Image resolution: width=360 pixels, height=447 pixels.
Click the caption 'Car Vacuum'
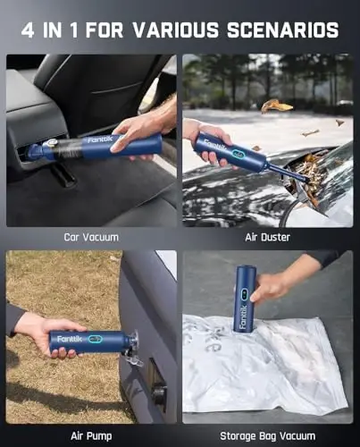(x=91, y=238)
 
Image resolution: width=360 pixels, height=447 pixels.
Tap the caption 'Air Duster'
(x=268, y=238)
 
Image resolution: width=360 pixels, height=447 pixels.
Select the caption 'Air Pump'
(x=91, y=435)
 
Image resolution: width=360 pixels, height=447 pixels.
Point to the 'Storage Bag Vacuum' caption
(x=268, y=435)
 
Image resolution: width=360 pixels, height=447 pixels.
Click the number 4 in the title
(x=28, y=30)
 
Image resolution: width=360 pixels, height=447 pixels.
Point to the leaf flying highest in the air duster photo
(x=276, y=106)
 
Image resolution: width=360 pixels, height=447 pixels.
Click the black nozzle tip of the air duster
(x=304, y=178)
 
